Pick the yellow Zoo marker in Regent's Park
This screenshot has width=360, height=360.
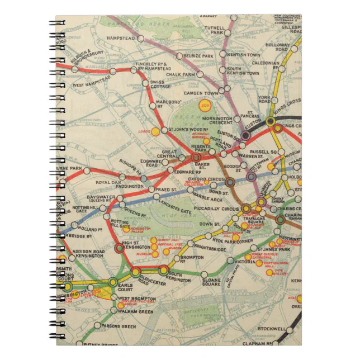(x=205, y=105)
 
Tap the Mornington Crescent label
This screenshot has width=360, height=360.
(x=218, y=122)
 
